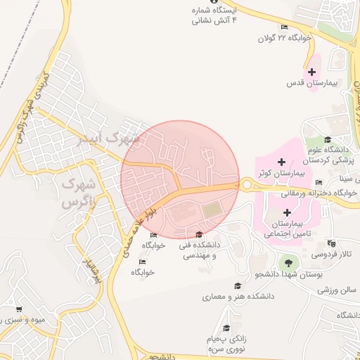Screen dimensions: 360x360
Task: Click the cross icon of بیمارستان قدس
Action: coord(312,72)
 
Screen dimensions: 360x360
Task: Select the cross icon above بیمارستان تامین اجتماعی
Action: coord(286,212)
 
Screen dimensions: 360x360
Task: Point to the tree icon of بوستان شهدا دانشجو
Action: coord(287,263)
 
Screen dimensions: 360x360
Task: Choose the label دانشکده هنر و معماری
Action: coord(238,297)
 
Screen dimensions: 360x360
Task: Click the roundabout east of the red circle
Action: coord(247,185)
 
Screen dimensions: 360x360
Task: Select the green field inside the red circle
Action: coord(212,210)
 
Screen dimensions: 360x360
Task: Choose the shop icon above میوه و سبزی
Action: coord(18,309)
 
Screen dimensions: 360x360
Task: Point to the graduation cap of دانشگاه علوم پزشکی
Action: coord(328,140)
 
